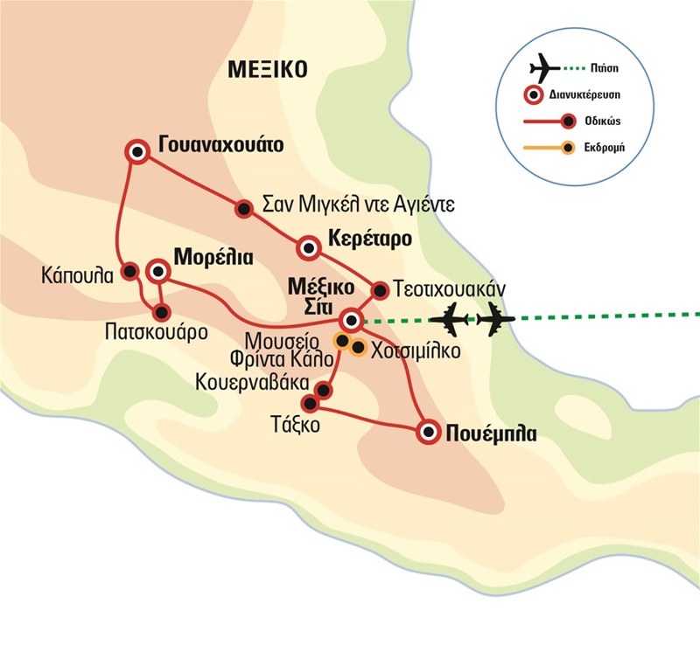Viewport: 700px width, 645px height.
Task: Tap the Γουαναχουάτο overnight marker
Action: point(136,151)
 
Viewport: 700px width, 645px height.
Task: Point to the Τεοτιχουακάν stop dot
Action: point(380,289)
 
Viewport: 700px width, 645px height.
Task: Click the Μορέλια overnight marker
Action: point(158,271)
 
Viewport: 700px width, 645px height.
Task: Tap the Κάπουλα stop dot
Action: point(129,271)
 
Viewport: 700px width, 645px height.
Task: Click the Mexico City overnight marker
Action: point(352,319)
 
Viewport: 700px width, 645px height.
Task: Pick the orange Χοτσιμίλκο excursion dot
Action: point(358,347)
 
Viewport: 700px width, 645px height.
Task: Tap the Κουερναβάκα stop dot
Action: point(324,390)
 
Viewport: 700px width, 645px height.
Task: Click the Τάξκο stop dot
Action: point(309,403)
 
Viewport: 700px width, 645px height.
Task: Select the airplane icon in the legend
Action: point(545,67)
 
